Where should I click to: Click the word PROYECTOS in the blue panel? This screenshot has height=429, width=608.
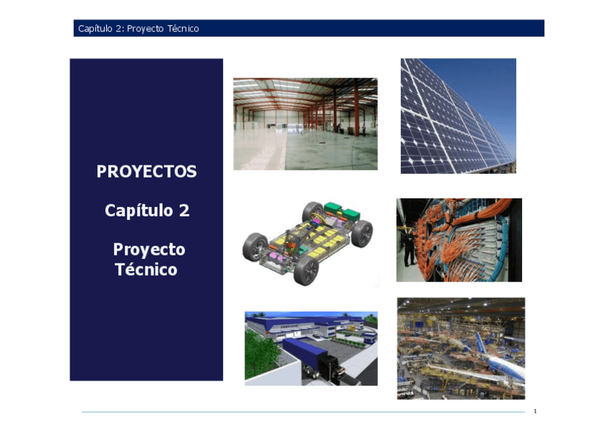coord(146,172)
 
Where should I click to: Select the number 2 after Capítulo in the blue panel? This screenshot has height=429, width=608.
coord(184,211)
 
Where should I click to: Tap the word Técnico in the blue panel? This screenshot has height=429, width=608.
coord(146,270)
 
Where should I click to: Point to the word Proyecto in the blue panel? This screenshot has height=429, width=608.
coord(149,249)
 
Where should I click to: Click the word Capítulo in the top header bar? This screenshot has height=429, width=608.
coord(95,29)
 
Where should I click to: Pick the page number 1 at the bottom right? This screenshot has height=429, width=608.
coord(535,411)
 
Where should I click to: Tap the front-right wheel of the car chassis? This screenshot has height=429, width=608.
coord(306,270)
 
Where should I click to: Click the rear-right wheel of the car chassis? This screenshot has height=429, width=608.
coord(363,233)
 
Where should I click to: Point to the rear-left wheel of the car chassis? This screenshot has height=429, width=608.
coord(313,212)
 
